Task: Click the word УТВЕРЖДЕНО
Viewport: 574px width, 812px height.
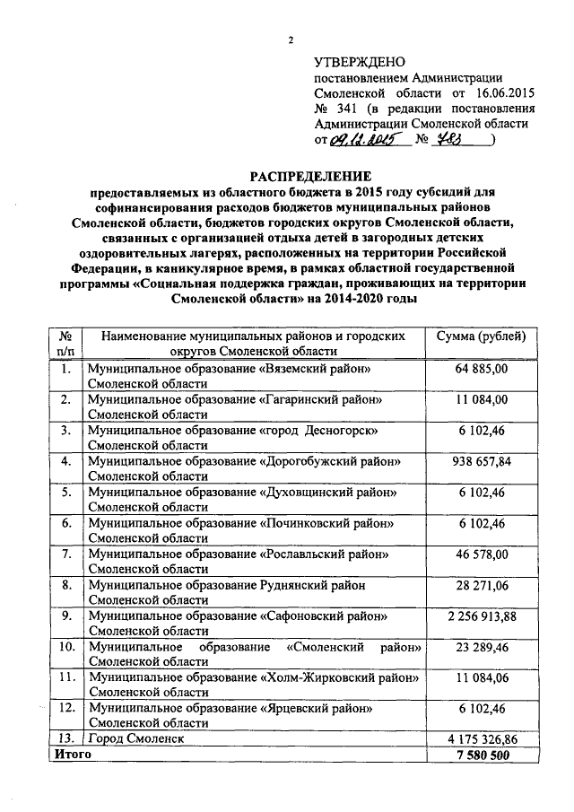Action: (360, 62)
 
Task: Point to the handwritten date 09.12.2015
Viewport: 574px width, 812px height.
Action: (364, 140)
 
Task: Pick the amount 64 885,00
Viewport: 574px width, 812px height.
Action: (482, 369)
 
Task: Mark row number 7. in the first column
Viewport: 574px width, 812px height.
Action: (66, 554)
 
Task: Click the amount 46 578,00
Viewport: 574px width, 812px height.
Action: (482, 554)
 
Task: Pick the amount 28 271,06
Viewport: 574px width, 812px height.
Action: (482, 586)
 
